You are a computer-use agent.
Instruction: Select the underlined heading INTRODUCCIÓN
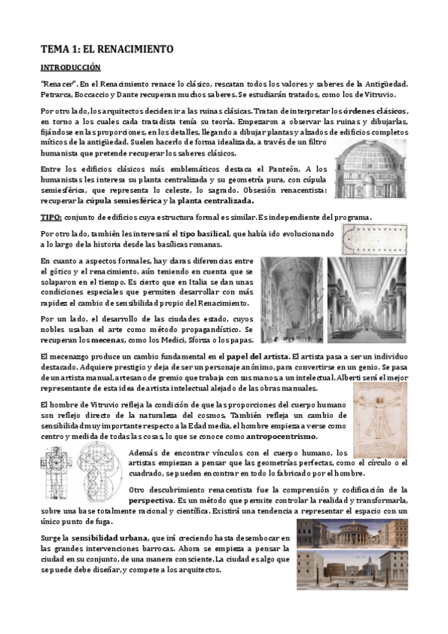pos(70,67)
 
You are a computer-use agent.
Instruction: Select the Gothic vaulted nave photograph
pos(292,298)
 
